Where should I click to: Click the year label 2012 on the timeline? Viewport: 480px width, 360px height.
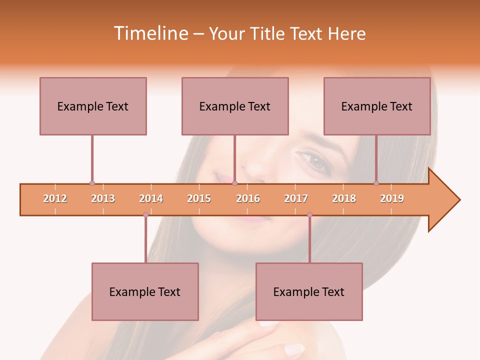pos(55,198)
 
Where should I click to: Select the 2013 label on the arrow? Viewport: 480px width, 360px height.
pos(103,198)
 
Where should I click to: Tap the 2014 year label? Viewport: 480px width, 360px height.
pos(151,198)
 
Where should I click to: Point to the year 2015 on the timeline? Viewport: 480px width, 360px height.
pos(199,198)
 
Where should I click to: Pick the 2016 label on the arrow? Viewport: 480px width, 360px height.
pos(248,198)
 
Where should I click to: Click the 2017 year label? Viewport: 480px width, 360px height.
pos(296,198)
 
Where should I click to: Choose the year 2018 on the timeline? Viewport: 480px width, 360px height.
pos(344,198)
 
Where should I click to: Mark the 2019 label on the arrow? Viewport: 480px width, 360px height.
pos(392,198)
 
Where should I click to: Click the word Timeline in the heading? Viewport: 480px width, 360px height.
pos(149,33)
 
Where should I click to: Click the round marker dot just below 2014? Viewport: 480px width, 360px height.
pos(145,215)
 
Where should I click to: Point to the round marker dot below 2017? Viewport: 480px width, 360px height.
pos(309,215)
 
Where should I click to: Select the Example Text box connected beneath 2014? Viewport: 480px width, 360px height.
pos(145,291)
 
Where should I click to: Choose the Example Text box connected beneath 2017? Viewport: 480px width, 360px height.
pos(309,291)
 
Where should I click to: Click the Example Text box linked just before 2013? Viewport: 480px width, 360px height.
pos(93,106)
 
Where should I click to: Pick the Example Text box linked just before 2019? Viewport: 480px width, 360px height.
pos(377,106)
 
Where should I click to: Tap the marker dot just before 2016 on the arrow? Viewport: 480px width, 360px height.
pos(235,183)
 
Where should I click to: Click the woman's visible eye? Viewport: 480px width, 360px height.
pos(315,161)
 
